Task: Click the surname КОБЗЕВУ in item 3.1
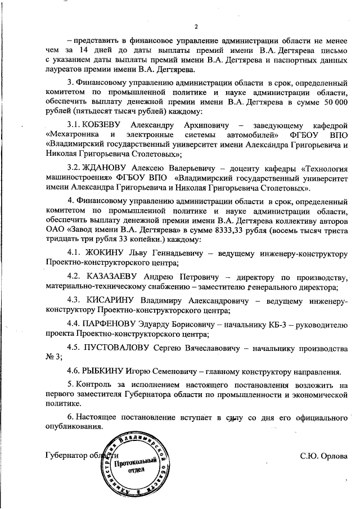[x=102, y=123]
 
